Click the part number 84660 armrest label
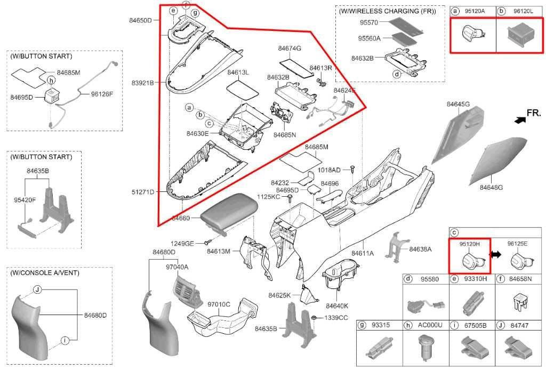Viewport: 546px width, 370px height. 181,218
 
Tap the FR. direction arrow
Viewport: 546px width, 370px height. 520,120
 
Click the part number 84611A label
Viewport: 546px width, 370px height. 363,253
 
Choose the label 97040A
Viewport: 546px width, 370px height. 177,267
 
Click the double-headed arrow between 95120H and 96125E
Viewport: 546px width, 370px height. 495,254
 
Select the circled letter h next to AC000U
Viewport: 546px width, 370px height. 408,325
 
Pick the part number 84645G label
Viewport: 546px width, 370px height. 458,104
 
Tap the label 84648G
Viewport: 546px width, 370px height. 491,187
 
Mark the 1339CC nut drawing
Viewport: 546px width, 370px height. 314,317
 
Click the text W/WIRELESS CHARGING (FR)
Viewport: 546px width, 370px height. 387,11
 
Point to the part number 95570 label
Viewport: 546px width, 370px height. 369,22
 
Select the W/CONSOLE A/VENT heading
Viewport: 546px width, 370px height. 45,273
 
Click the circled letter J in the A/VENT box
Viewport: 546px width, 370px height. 37,289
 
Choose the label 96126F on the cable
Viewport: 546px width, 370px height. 102,94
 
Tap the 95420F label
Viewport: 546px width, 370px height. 25,200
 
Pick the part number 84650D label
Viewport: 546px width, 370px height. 141,20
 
